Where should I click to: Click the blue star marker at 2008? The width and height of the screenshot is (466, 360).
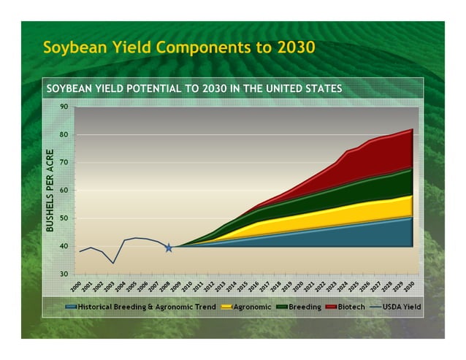pos(169,248)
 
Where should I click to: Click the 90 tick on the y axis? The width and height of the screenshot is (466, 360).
pos(64,107)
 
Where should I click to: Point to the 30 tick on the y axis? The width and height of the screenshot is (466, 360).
pos(64,274)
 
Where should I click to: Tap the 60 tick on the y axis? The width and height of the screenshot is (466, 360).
pos(64,191)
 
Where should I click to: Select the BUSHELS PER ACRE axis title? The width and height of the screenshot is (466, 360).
pos(50,191)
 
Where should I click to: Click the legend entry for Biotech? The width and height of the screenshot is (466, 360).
pos(351,307)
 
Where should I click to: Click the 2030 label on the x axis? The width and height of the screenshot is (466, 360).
pos(410,286)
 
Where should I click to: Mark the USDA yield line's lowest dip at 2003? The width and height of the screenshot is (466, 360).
pos(112,262)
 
